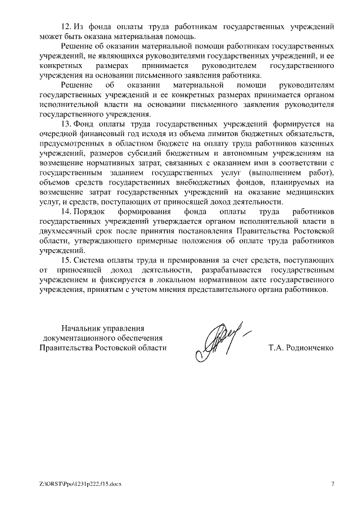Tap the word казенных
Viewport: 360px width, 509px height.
tap(318, 143)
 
